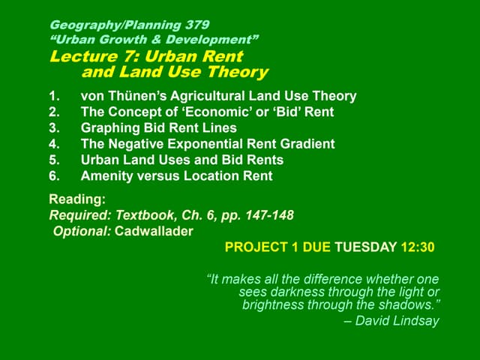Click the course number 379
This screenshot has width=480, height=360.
[x=193, y=25]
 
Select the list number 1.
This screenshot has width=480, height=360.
[x=53, y=96]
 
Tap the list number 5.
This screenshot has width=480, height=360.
[x=53, y=160]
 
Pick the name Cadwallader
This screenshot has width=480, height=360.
[x=154, y=231]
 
